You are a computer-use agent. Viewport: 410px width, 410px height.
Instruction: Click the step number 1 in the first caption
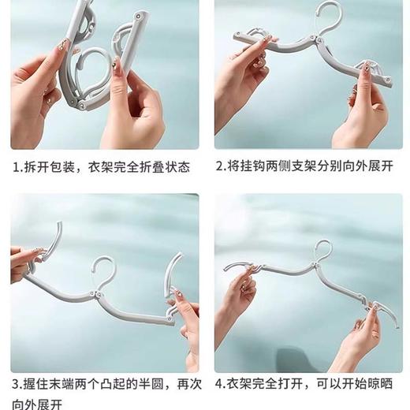(16, 168)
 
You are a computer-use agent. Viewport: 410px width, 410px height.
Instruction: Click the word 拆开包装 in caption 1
(50, 168)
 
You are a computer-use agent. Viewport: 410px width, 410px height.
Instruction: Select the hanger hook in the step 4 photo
(322, 252)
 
